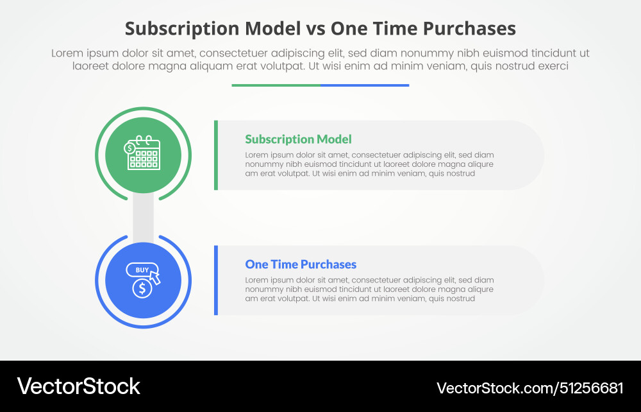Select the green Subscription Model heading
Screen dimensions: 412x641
coord(298,139)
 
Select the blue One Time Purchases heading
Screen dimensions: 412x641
coord(301,264)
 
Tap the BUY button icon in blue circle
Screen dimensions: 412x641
coord(142,270)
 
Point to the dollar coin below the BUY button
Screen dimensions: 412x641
coord(142,288)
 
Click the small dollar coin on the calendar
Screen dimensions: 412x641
coord(130,148)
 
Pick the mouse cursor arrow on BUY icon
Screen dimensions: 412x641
coord(154,277)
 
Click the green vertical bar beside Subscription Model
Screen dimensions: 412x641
coord(216,155)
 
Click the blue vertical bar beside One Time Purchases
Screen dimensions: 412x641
coord(216,280)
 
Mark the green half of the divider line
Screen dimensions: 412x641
coord(276,85)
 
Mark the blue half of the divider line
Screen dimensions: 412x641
coord(365,85)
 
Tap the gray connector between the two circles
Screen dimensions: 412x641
coord(143,218)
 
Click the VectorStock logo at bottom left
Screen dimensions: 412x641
coord(78,386)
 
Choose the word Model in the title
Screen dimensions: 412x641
coord(267,29)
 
